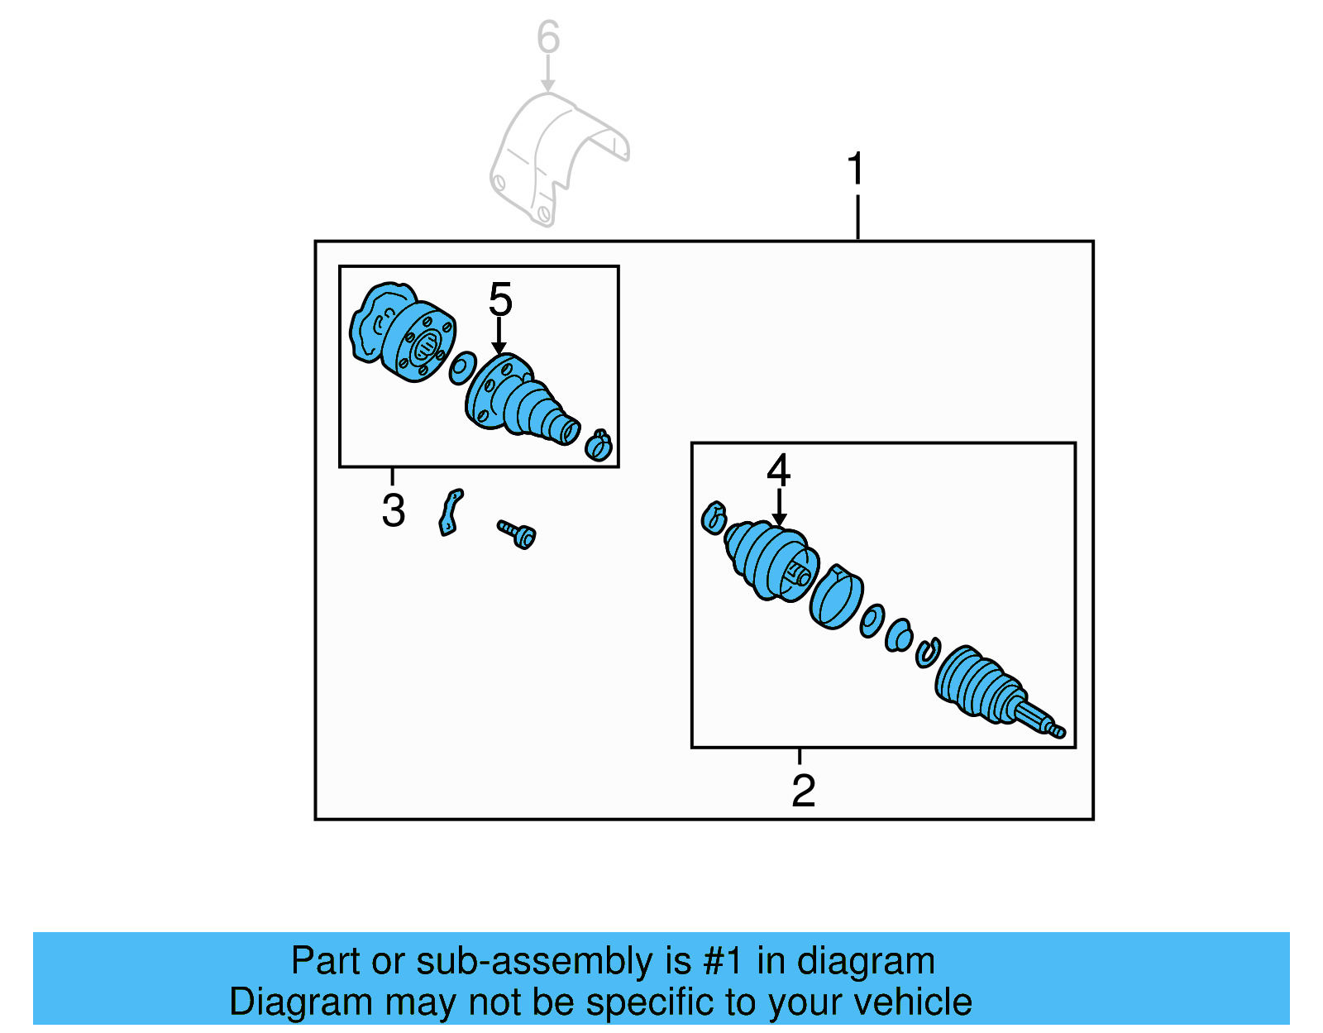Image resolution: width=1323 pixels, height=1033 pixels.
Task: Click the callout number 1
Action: (x=856, y=170)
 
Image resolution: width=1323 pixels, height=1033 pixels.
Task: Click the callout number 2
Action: (x=803, y=791)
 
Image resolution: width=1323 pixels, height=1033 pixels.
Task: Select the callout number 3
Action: (x=394, y=510)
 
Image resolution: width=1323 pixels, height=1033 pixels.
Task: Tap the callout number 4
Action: (x=778, y=470)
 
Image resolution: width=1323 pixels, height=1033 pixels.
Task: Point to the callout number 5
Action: (x=500, y=299)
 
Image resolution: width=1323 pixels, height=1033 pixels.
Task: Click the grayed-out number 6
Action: (x=547, y=38)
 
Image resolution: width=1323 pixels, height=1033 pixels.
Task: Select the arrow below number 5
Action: (x=499, y=337)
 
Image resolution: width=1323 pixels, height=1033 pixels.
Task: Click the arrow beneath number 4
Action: (x=778, y=507)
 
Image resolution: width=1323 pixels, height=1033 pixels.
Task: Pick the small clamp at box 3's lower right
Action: (x=598, y=445)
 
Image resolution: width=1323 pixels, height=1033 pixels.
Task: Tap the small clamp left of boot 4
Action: (x=714, y=519)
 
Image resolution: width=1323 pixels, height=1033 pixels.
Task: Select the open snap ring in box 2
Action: (x=928, y=653)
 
